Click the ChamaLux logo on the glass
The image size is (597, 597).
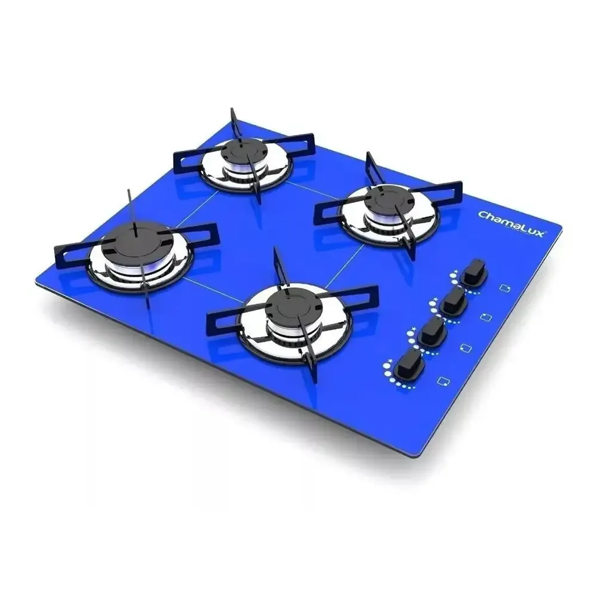click(x=511, y=224)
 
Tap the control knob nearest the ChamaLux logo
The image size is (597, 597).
click(x=475, y=273)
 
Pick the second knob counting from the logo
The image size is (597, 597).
click(x=454, y=301)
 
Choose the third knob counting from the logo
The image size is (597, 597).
click(x=432, y=331)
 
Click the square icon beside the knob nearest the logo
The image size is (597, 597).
click(x=505, y=288)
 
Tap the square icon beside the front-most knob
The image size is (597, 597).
click(x=443, y=381)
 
